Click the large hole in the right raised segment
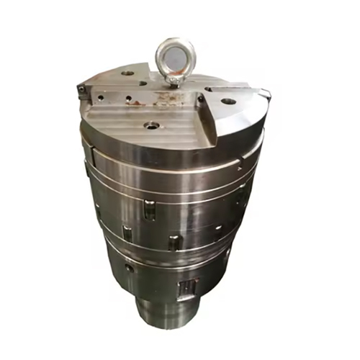click(x=228, y=101)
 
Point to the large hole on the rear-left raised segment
click(x=128, y=73)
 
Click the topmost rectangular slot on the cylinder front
click(x=148, y=210)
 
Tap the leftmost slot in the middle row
click(x=127, y=233)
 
